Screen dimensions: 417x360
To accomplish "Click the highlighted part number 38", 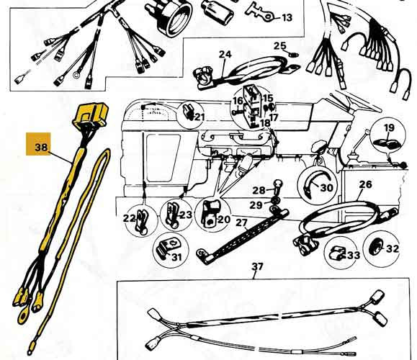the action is click(x=41, y=147).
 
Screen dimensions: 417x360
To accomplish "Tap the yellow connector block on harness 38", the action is click(x=91, y=115).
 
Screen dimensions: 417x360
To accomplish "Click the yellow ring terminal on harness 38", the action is click(x=23, y=316).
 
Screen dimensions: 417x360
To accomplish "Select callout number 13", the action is click(x=287, y=18).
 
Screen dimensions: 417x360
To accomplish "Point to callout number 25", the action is click(x=279, y=46).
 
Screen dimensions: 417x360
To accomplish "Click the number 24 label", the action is click(x=225, y=55).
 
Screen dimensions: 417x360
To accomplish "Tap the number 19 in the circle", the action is click(x=389, y=127).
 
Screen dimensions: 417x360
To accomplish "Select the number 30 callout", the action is click(x=327, y=188).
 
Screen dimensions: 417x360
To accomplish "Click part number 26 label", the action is click(x=365, y=184).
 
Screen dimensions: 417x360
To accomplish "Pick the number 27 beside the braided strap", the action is click(x=241, y=222).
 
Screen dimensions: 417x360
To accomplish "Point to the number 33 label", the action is click(x=354, y=256).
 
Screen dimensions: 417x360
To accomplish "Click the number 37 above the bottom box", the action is click(x=257, y=266).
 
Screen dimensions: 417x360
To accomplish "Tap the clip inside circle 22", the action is click(x=141, y=220).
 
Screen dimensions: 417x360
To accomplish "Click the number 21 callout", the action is click(x=199, y=117).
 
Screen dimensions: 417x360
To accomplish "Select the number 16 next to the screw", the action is click(x=238, y=101).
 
